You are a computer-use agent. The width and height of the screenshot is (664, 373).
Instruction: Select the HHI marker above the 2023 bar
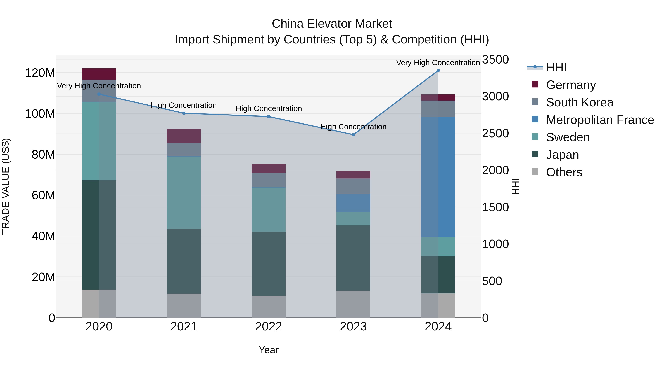pyautogui.click(x=353, y=135)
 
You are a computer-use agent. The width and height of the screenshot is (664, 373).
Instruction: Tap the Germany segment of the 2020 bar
pyautogui.click(x=99, y=74)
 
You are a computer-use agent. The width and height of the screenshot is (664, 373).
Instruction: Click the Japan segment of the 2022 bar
pyautogui.click(x=269, y=264)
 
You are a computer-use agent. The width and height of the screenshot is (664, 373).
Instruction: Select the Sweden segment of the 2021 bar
pyautogui.click(x=184, y=192)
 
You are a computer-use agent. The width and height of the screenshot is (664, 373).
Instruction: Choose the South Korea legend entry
pyautogui.click(x=580, y=102)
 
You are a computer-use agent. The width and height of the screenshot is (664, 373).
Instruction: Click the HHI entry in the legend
pyautogui.click(x=556, y=67)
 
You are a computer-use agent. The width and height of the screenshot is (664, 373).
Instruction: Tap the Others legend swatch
pyautogui.click(x=535, y=172)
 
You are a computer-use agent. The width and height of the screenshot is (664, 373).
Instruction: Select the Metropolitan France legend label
pyautogui.click(x=600, y=120)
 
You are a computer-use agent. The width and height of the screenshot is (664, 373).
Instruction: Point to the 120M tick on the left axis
pyautogui.click(x=40, y=73)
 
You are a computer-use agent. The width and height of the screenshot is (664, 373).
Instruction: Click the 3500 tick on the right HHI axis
pyautogui.click(x=495, y=60)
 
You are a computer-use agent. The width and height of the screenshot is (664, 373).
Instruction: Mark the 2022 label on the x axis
pyautogui.click(x=269, y=327)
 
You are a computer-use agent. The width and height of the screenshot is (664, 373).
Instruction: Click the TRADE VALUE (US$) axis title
pyautogui.click(x=6, y=186)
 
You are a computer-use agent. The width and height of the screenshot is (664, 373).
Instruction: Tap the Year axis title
pyautogui.click(x=269, y=350)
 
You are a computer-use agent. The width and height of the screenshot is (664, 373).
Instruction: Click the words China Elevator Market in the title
pyautogui.click(x=332, y=24)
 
